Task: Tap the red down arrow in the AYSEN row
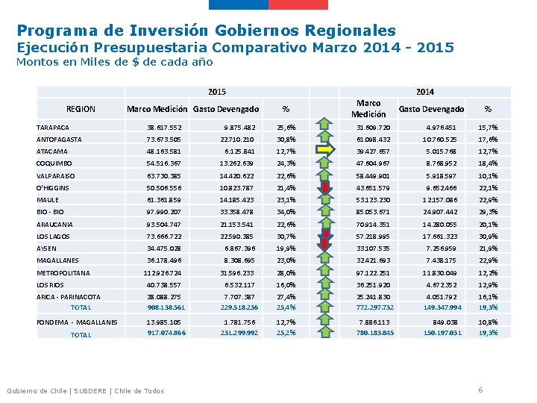coord(326,248)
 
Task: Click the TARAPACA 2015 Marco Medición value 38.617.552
coord(165,128)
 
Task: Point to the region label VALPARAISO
coord(57,176)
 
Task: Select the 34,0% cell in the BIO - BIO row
coord(286,212)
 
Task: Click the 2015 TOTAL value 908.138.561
coord(166,307)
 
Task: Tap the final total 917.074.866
coord(166,334)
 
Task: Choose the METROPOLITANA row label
coord(63,273)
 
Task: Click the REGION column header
coord(81,109)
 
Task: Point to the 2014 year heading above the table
coord(424,92)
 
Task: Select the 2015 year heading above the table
coord(217,92)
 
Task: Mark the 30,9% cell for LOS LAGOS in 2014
coord(488,236)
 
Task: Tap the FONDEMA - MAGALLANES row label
coord(78,322)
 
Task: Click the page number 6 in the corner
coord(481,390)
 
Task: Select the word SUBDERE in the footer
coord(89,391)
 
